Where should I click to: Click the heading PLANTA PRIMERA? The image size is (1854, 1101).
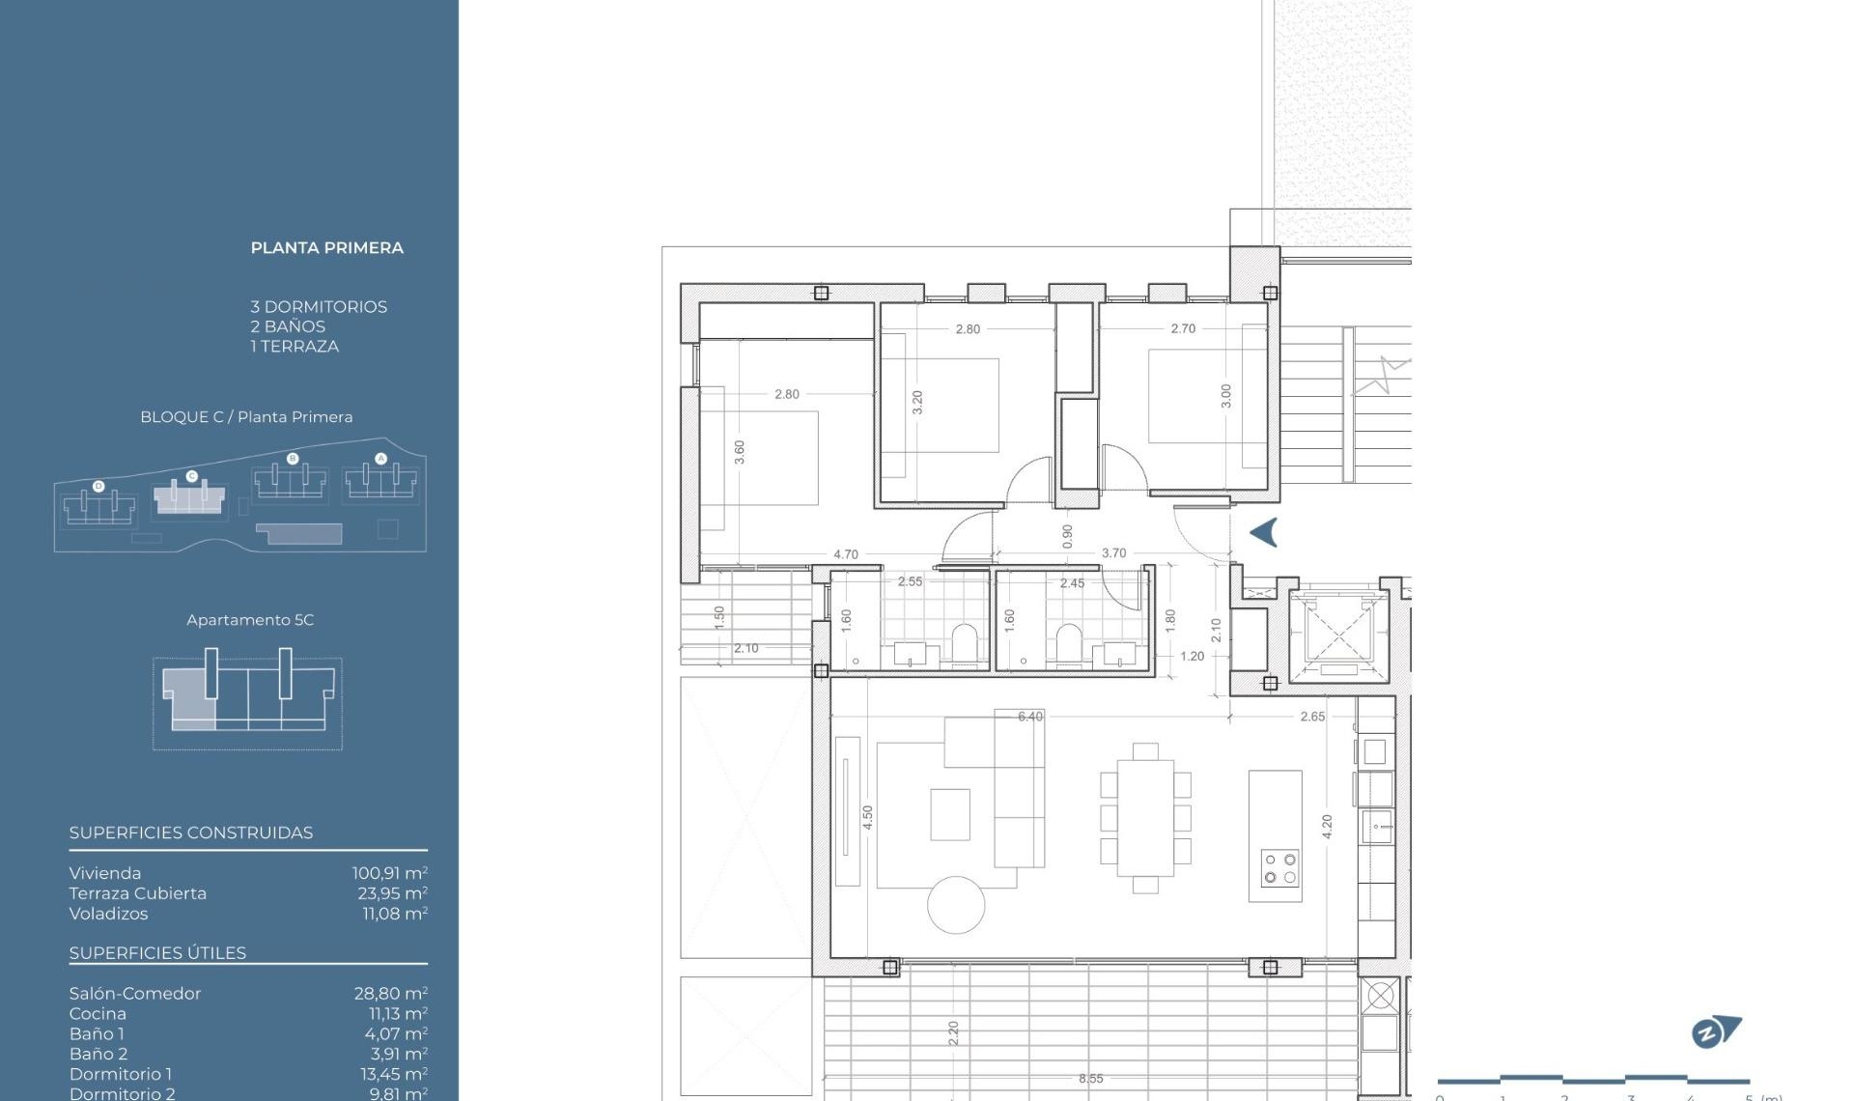coord(326,248)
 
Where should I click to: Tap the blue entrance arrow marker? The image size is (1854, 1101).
coord(1264,532)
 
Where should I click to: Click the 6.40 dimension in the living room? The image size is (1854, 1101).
coord(1029,717)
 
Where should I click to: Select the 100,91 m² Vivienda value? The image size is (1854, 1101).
coord(389,873)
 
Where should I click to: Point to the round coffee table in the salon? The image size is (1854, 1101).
coord(956,905)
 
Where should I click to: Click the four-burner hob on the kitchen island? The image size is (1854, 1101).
coord(1279,868)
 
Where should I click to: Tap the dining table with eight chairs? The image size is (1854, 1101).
coord(1145,818)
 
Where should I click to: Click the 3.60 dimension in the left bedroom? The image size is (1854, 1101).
coord(740,452)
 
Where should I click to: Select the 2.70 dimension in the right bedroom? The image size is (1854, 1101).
coord(1183,328)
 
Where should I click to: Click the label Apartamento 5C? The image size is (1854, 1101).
coord(250,620)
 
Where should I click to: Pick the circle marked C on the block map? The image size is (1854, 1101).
coord(191,476)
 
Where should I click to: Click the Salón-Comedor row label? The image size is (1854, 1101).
coord(135,994)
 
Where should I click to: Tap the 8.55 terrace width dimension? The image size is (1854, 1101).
coord(1090,1079)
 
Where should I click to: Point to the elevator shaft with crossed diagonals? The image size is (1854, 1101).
coord(1337,634)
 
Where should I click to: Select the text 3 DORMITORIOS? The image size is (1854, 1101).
coord(319,307)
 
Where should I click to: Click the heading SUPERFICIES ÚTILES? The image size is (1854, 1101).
coord(157,953)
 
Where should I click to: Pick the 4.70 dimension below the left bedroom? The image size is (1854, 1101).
coord(845,554)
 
